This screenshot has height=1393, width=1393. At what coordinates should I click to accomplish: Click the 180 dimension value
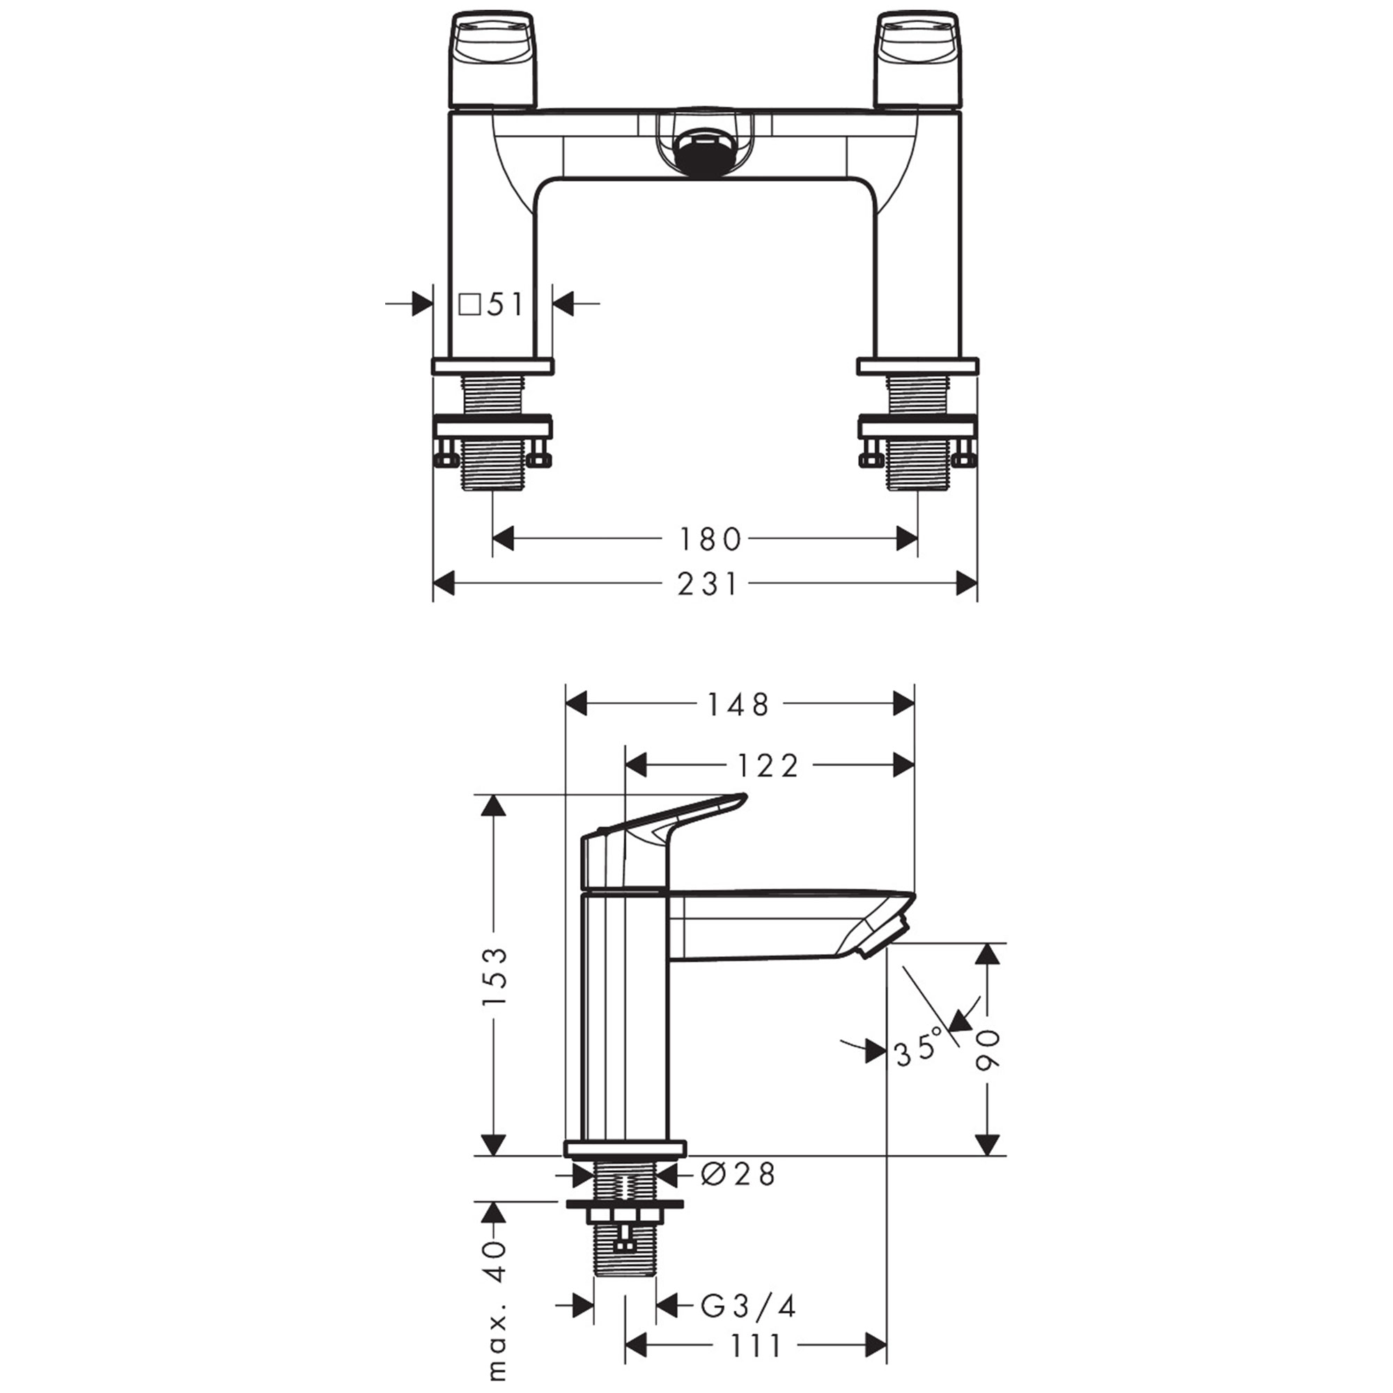pyautogui.click(x=710, y=539)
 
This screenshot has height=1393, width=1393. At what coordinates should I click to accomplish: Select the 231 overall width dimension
pyautogui.click(x=708, y=584)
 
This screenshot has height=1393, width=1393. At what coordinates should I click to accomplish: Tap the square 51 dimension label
pyautogui.click(x=492, y=305)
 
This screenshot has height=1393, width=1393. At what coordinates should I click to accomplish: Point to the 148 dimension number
pyautogui.click(x=739, y=704)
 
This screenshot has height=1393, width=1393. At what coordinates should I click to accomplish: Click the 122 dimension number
pyautogui.click(x=767, y=765)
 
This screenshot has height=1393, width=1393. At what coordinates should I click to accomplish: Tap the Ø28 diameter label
pyautogui.click(x=738, y=1174)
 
